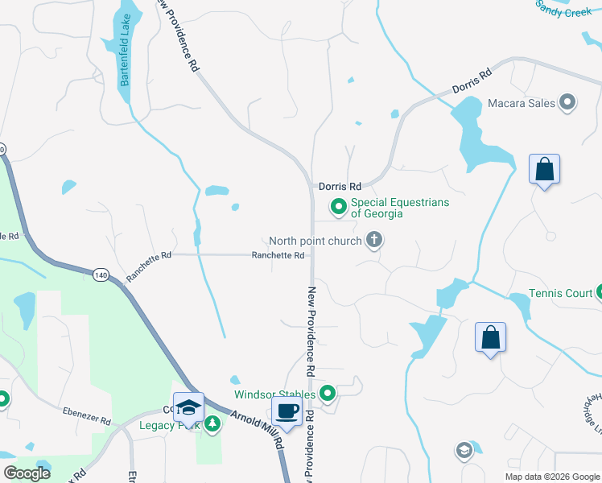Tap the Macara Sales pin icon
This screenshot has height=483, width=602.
(x=568, y=102)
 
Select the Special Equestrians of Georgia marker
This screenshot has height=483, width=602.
(x=339, y=207)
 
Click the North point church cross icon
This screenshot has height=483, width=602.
(x=373, y=239)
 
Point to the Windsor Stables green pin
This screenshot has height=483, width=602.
(x=328, y=394)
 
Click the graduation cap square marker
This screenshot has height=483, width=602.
(x=188, y=407)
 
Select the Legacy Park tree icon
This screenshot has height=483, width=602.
(x=212, y=424)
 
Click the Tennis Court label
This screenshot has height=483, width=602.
(x=560, y=293)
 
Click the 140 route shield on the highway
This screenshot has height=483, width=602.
(x=101, y=275)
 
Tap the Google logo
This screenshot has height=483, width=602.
(x=27, y=473)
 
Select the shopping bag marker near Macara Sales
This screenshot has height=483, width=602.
(x=544, y=170)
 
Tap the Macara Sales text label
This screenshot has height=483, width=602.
(x=522, y=102)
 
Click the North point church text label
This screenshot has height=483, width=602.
(x=315, y=240)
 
